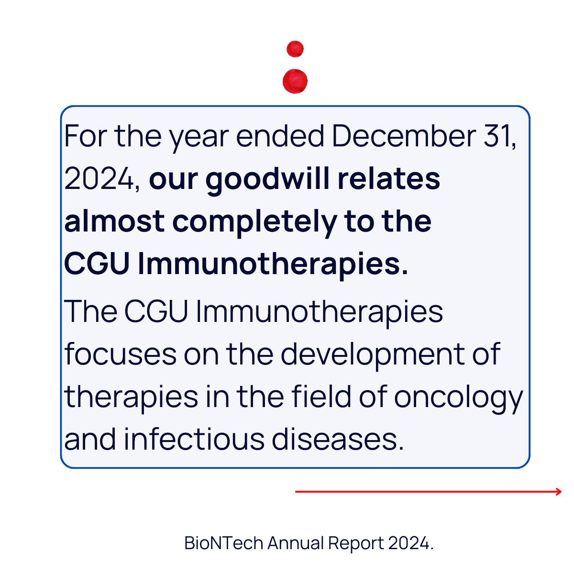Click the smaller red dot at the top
click(x=295, y=49)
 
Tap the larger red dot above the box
click(x=295, y=81)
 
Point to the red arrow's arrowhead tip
click(x=562, y=492)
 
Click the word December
click(x=404, y=136)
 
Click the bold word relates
click(x=389, y=179)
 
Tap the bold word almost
click(x=114, y=221)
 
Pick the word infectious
click(x=194, y=439)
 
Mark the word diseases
click(x=338, y=439)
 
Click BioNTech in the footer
click(x=224, y=543)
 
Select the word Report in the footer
click(x=356, y=543)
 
